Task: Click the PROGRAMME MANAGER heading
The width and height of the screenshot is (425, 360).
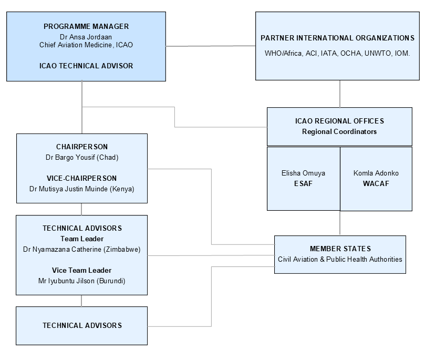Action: coord(86,26)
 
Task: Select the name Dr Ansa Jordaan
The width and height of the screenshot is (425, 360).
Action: coord(86,37)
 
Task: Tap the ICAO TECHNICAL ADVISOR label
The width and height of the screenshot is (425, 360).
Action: coord(86,66)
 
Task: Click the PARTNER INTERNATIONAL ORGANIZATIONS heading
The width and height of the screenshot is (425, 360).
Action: coord(337,38)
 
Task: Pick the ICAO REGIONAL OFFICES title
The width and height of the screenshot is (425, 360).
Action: coord(339,121)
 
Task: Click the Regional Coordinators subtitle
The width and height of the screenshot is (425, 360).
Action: coord(339,131)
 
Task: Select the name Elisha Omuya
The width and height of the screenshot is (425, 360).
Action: coord(303,173)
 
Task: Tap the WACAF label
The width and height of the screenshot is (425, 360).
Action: coord(376,183)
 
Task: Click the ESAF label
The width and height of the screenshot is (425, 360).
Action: coord(303,183)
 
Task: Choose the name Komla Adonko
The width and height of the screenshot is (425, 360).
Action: coord(376,173)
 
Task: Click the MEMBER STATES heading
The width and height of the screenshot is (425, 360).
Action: coord(340,249)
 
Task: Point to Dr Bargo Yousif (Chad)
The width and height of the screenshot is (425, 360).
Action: coord(82,157)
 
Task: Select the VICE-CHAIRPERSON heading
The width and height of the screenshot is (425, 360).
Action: coord(81,178)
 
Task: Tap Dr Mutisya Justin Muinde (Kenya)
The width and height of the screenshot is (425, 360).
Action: coord(81,189)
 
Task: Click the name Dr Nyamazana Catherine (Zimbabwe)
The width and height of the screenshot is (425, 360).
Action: coord(81,249)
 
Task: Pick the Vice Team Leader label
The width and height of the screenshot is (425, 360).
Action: coord(81,270)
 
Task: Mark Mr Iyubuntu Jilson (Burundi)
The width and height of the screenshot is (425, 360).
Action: coord(81,281)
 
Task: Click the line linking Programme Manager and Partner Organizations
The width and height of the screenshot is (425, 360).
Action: coord(211,46)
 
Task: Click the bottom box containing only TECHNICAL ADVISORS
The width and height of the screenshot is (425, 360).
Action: coord(81,326)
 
